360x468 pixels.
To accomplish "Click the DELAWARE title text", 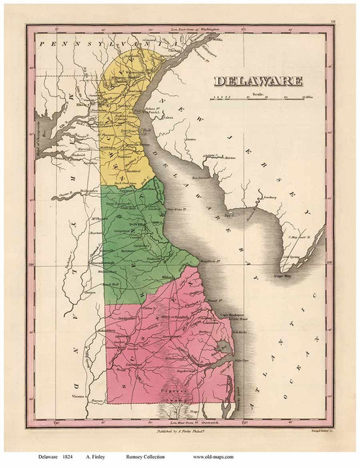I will click(258, 81).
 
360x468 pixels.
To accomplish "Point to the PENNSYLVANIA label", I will click(108, 45).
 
